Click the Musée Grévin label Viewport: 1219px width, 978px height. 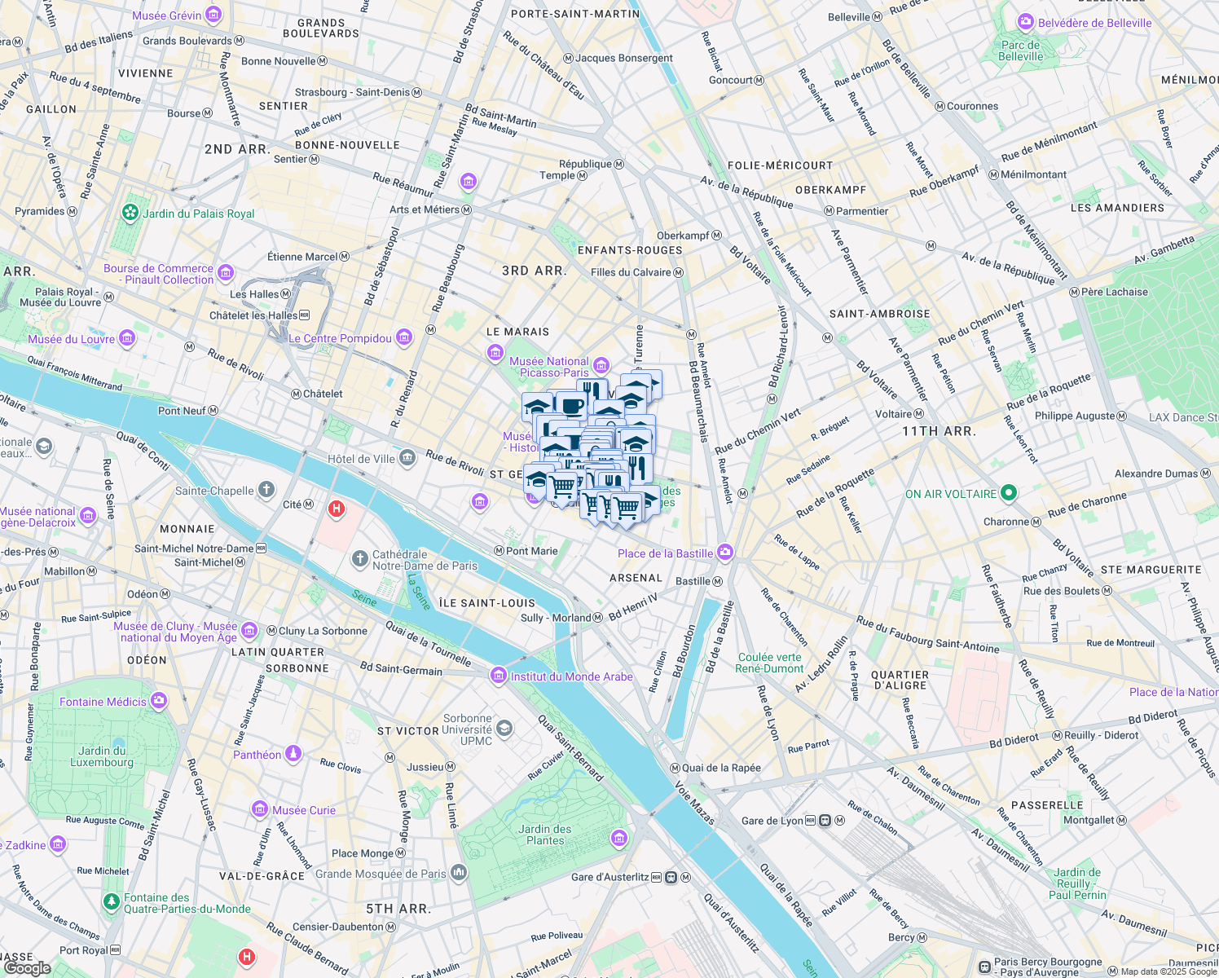166,15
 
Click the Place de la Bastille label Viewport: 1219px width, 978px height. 665,553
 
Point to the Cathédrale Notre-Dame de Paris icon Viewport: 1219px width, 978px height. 359,559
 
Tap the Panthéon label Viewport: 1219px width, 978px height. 257,755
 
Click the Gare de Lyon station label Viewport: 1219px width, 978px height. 772,821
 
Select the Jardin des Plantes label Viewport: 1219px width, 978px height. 545,835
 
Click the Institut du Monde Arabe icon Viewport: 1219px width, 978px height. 498,676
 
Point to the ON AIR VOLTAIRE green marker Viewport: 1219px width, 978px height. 1008,493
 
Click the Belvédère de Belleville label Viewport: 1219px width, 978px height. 1095,23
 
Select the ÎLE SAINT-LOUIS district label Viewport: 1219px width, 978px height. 486,603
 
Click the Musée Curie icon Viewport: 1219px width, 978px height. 260,809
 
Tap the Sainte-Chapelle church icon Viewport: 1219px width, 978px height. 266,490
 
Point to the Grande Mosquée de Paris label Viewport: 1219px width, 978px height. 381,874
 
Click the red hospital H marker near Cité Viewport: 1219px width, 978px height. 336,510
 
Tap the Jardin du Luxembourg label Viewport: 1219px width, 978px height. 102,756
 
